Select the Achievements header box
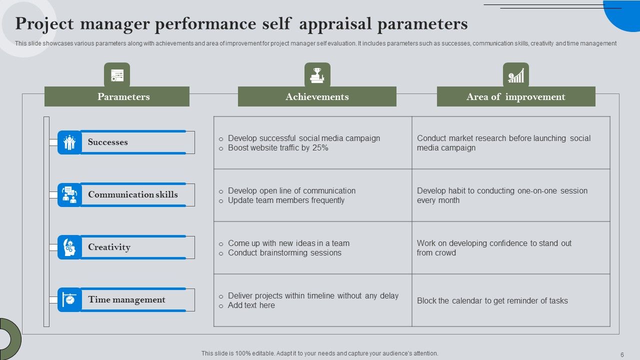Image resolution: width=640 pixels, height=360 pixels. tap(317, 96)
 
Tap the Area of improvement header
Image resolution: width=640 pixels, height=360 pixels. tap(516, 96)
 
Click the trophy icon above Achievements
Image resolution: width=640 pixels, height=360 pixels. tap(317, 75)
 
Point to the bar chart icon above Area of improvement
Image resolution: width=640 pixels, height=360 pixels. tap(516, 75)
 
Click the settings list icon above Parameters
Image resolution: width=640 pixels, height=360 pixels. tap(117, 75)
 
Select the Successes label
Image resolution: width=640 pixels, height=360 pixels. tap(108, 142)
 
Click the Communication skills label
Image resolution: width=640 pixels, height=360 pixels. tap(133, 194)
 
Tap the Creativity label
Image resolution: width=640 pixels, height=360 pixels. tap(109, 247)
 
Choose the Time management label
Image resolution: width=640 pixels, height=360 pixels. tap(126, 299)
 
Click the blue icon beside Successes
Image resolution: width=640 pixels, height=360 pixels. tap(69, 142)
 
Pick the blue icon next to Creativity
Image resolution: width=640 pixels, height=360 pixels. tap(69, 247)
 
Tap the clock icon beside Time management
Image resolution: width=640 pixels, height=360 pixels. tap(69, 300)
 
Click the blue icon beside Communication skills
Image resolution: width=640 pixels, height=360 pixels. tap(69, 195)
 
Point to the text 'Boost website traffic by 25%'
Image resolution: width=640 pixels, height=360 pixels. tap(278, 148)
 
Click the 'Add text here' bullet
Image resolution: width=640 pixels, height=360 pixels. tap(251, 305)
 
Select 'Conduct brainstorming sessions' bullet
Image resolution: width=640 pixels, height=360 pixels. tap(284, 253)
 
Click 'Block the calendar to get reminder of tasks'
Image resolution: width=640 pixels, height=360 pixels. tap(492, 300)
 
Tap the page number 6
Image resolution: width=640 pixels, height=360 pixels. tap(622, 354)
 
